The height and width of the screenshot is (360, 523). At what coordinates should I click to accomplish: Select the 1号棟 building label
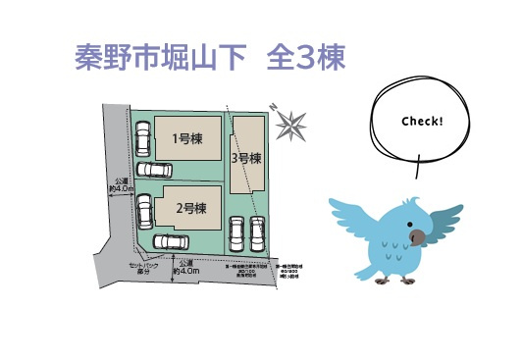coord(187,139)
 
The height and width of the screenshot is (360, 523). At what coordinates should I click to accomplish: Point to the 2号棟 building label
coord(190,208)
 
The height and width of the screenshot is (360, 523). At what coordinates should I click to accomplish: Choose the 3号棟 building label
coord(246,157)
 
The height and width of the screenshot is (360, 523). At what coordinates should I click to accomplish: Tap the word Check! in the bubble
coord(422,122)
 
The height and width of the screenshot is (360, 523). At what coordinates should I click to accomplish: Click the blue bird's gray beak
coord(418,235)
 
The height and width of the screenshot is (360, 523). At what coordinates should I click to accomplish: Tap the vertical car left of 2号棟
coord(144,209)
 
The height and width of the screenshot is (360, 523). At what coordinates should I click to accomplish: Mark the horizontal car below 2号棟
coord(172,241)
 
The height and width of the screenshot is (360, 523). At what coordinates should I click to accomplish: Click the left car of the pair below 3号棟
coord(236,233)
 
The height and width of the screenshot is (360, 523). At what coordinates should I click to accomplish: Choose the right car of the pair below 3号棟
coord(258,233)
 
